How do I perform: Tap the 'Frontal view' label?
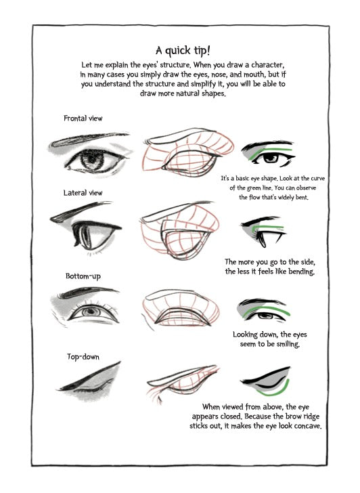pos(83,119)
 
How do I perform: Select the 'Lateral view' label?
pos(83,193)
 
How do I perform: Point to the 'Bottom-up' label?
pos(83,276)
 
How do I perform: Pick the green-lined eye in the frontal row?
pos(267,155)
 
